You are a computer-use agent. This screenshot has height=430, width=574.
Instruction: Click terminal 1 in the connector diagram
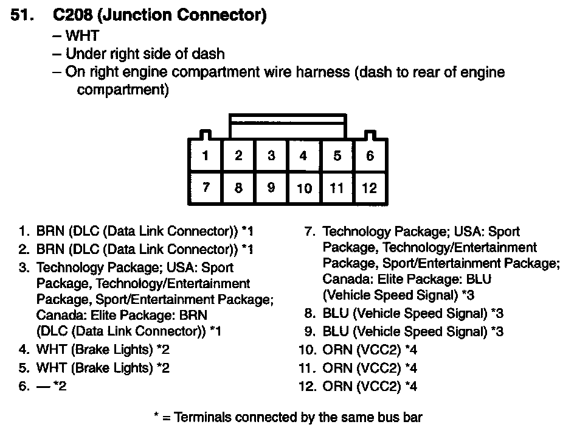tap(206, 156)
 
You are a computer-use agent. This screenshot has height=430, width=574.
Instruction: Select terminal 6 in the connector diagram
tap(370, 156)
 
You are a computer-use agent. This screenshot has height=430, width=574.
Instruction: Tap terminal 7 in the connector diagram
tap(206, 187)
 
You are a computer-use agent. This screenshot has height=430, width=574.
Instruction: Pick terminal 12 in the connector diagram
tap(370, 188)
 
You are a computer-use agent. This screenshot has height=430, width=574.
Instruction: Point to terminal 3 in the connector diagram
tap(271, 156)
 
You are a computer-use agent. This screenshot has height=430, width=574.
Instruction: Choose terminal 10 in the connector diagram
tap(304, 188)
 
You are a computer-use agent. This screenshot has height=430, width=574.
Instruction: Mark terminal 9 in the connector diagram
tap(271, 188)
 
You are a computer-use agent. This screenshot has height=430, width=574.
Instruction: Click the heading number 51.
tap(22, 16)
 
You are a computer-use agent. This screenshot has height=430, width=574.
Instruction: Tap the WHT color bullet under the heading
tap(82, 36)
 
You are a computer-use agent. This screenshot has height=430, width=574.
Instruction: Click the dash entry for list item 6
tap(44, 386)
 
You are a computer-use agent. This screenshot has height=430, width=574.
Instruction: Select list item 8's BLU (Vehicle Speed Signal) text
tap(405, 314)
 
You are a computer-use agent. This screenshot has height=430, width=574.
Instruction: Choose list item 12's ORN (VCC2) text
tap(361, 386)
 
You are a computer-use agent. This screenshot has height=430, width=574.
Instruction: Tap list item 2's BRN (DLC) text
tap(137, 249)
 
